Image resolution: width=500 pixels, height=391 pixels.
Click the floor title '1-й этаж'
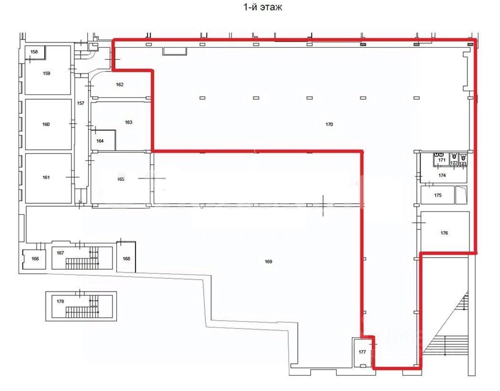coord(263,7)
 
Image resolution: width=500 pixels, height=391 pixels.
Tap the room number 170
coord(329,124)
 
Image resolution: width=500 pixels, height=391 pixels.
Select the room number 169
coord(268,261)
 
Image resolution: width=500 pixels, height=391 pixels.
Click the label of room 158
coord(34,52)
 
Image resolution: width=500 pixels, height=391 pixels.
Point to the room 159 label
coord(46,73)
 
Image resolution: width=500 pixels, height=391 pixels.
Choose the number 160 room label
coord(46,124)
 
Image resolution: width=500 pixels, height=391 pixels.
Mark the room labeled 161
coord(46,177)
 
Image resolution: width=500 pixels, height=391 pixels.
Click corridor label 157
coord(81,103)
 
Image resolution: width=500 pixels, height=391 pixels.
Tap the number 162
coord(119,85)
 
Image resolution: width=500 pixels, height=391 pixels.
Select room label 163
coord(128,122)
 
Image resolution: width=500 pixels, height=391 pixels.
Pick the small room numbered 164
coord(100,141)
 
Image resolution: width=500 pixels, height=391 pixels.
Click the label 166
coord(35,259)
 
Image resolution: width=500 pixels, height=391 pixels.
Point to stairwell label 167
coord(60,253)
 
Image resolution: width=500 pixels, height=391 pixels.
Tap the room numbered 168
coord(126,259)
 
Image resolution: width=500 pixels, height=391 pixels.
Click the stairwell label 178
coord(60,301)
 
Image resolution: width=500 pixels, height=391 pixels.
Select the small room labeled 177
coord(362,352)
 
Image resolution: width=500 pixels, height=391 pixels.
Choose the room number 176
coord(444,233)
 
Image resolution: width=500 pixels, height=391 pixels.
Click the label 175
coord(438,195)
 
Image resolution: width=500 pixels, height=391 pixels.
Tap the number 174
coord(442,175)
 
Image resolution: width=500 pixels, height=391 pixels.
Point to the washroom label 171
coord(442,160)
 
